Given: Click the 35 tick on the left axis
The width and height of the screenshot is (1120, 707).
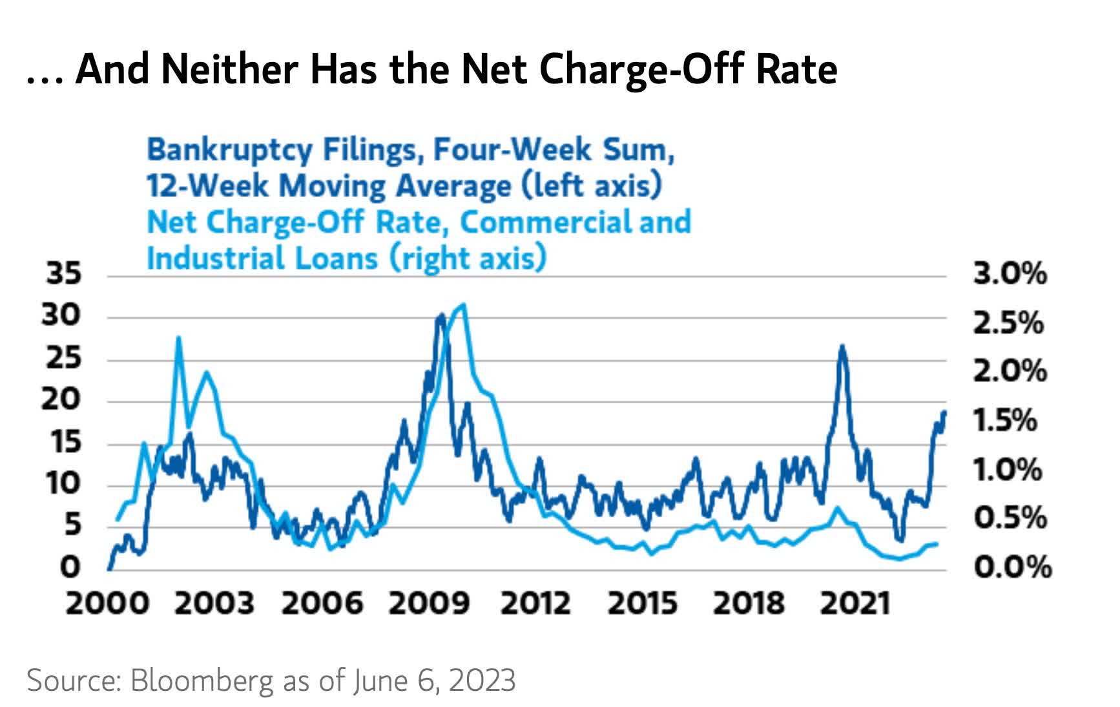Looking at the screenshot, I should [64, 274].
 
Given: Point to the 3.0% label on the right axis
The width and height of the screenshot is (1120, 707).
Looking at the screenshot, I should [1010, 274].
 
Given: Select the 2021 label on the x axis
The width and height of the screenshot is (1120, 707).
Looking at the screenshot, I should [855, 604].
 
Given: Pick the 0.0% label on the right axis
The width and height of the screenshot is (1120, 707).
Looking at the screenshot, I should [1012, 567].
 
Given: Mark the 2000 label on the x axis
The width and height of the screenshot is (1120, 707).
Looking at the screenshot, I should [108, 604].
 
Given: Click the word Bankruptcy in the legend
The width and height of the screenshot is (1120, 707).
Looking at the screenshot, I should [230, 151].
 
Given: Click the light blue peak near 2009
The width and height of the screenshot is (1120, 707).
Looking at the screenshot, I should [463, 304].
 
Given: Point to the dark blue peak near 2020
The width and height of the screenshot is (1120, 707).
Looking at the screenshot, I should [842, 346].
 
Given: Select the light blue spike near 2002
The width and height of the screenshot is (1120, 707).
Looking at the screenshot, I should [178, 337].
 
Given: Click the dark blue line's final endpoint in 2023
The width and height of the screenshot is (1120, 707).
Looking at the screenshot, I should [944, 412].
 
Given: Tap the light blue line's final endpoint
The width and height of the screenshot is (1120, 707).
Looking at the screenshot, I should [937, 544].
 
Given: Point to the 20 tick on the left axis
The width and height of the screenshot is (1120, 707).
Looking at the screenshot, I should [63, 400].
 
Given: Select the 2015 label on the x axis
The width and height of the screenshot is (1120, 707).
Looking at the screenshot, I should [643, 604].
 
